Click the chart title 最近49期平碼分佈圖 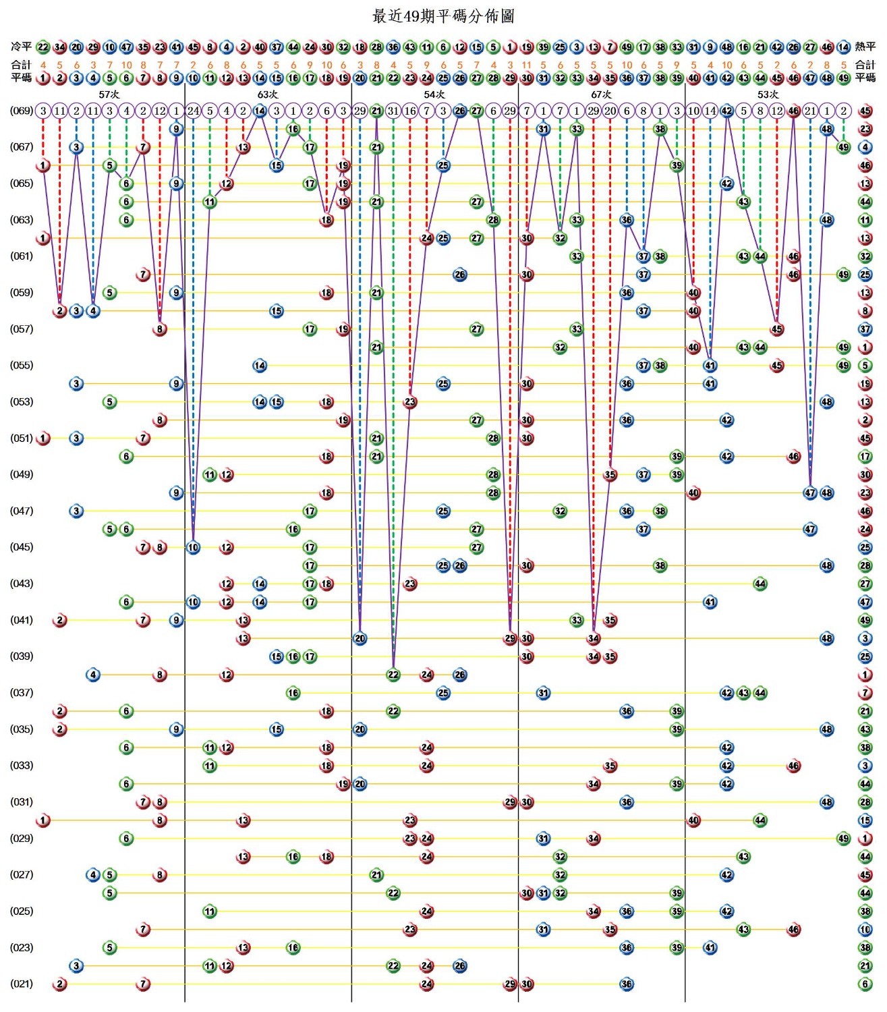pos(443,16)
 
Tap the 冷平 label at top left pos(21,47)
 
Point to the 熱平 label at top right pos(865,47)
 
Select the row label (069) pos(21,110)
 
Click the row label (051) pos(21,438)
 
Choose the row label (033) pos(21,766)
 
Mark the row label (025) pos(21,911)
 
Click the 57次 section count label pos(109,94)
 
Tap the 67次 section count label pos(601,94)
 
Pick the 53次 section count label pos(768,94)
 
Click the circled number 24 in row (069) pos(193,111)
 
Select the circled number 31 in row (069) pos(393,111)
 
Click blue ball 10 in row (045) pos(193,547)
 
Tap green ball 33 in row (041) pos(577,620)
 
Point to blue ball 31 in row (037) pos(543,693)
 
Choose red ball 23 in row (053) pos(410,402)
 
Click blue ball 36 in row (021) pos(627,984)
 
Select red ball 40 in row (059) pos(693,293)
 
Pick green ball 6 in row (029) pos(126,839)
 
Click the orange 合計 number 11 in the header pos(526,65)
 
